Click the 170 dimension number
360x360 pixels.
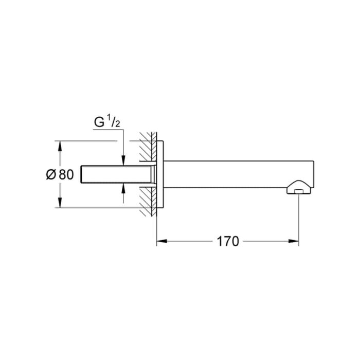coord(228,242)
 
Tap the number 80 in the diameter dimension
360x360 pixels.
coord(66,174)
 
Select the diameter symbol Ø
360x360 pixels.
coord(51,174)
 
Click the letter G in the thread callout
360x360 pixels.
coord(99,122)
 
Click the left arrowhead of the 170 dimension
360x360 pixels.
coord(161,241)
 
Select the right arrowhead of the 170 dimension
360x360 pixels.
coord(294,241)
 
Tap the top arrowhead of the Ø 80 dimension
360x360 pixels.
coord(60,146)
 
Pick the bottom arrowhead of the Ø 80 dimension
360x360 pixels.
coord(60,203)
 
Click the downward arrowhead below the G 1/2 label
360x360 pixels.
coord(123,160)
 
